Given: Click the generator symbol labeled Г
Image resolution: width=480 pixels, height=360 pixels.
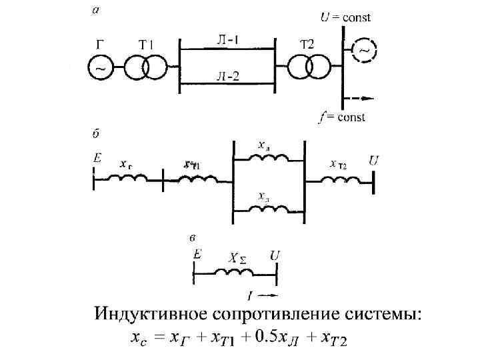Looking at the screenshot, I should [101, 67].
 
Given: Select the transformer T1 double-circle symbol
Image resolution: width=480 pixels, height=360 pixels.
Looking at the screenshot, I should [145, 67].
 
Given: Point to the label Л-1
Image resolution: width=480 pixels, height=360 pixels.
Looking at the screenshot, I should [227, 40].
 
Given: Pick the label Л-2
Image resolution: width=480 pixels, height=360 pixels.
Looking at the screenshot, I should [227, 76].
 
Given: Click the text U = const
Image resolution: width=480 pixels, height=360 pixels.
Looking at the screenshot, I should [346, 18].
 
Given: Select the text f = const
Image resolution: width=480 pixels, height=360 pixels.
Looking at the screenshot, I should [342, 118].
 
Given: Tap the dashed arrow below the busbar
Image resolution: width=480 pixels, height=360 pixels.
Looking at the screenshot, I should [357, 99].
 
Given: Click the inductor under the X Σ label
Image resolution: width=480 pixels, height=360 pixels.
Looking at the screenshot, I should [235, 273].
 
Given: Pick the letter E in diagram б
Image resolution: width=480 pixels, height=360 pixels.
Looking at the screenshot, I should [97, 159].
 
